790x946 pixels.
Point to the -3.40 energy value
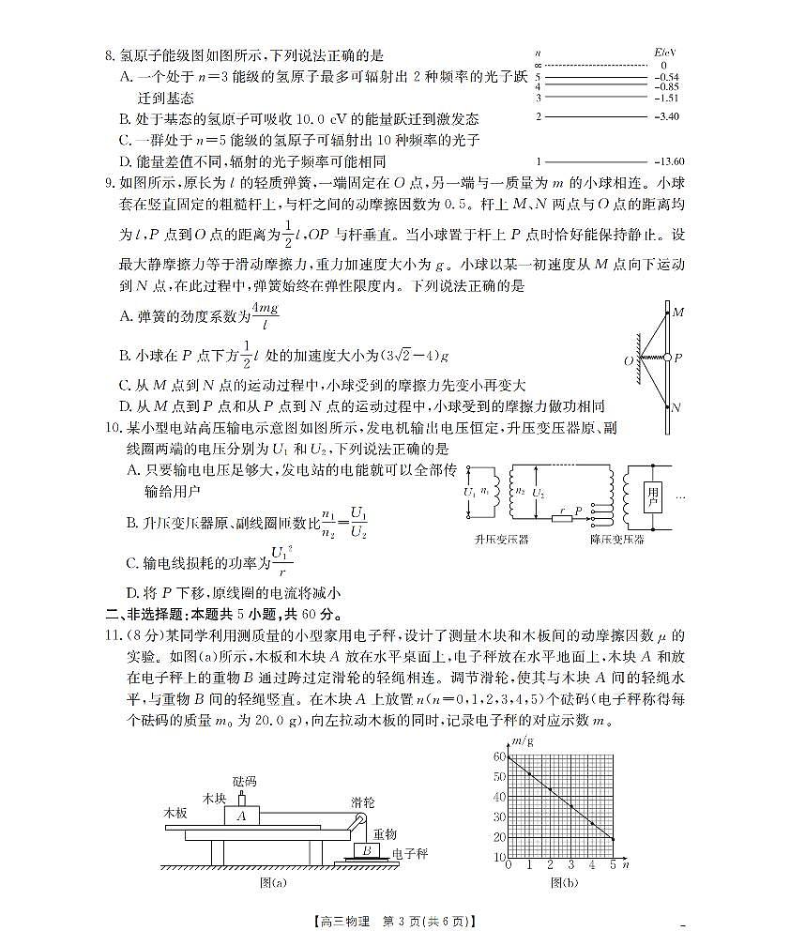[x=668, y=116]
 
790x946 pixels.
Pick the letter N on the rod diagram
[x=677, y=407]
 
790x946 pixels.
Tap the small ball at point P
[x=667, y=358]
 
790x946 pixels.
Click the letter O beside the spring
[x=628, y=359]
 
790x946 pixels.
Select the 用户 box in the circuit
[x=653, y=496]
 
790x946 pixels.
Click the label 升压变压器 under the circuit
[x=501, y=540]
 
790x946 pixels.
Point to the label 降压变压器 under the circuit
[x=616, y=540]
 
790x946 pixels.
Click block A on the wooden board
[x=241, y=816]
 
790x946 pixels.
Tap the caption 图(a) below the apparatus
[x=273, y=882]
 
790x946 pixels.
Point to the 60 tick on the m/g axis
[x=499, y=756]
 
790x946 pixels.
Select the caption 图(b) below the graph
[x=564, y=882]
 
